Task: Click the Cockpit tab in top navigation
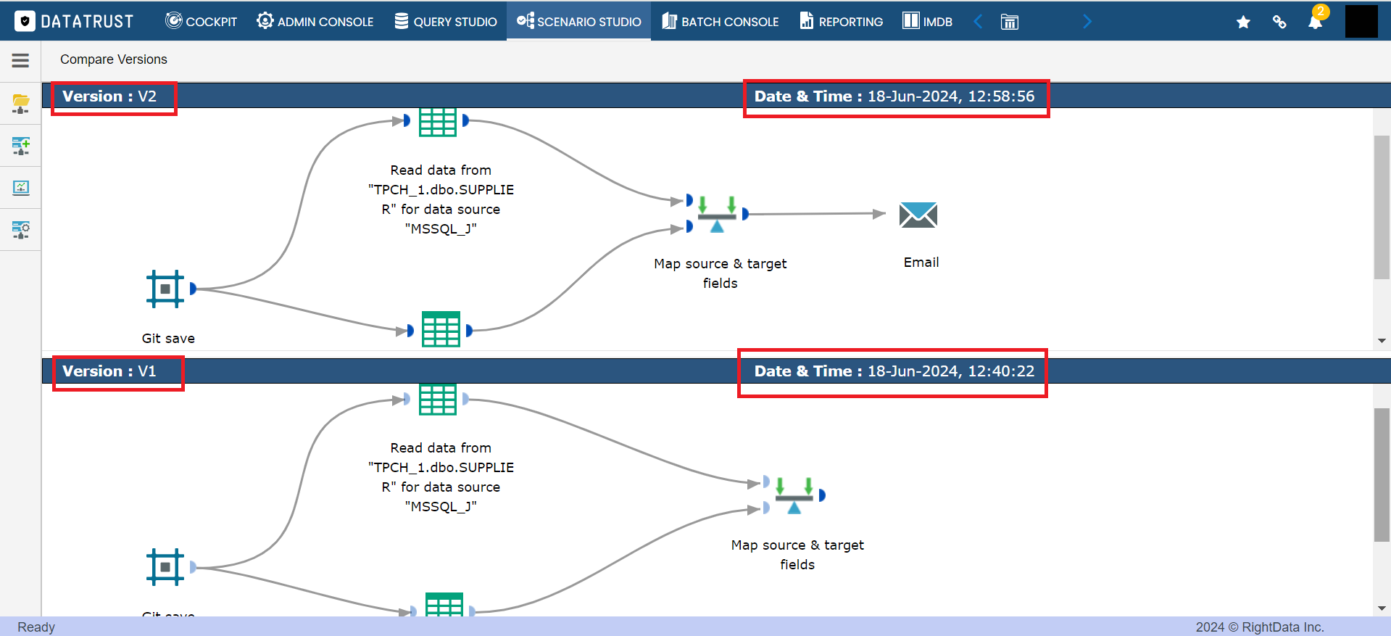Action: [201, 21]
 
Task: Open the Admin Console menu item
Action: [315, 21]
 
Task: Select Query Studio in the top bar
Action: [445, 21]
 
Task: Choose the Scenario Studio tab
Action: [578, 21]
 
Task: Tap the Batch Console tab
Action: [720, 21]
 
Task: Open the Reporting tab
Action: [841, 21]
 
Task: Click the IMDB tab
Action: [927, 21]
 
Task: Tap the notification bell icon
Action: [1315, 22]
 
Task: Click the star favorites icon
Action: [1243, 22]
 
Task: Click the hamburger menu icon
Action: [20, 61]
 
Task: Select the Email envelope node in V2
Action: [918, 215]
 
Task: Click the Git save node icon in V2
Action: [165, 289]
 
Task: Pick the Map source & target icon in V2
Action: [717, 214]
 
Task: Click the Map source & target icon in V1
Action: [794, 495]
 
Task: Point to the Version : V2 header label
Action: [109, 96]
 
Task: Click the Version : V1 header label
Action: [109, 371]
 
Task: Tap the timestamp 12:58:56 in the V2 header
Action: [1001, 96]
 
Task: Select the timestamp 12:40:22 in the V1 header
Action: [1001, 371]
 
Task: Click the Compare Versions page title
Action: [114, 59]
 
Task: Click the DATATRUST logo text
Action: [87, 22]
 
